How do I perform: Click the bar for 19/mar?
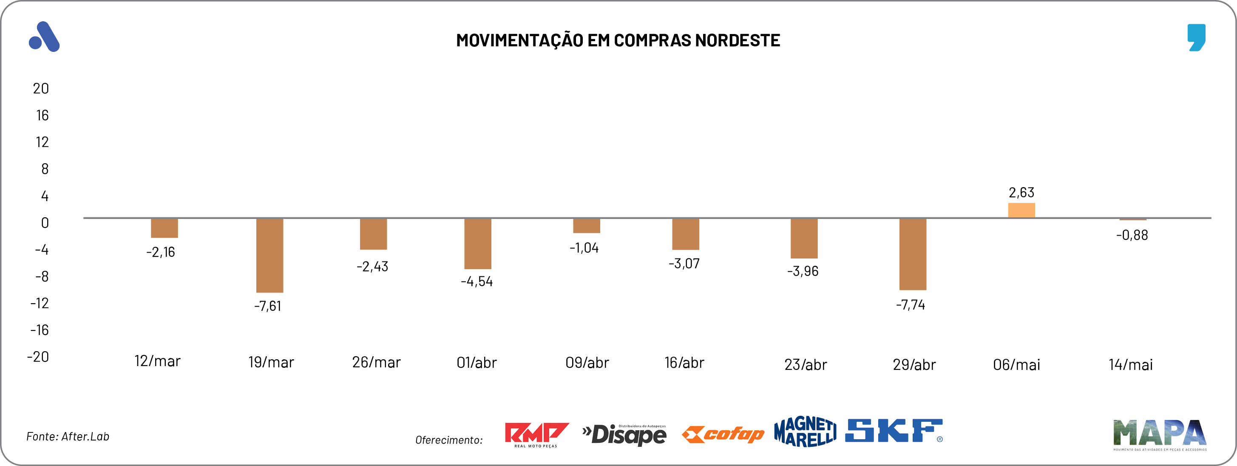point(270,255)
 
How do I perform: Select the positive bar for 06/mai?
point(1021,210)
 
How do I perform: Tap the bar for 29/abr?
point(912,254)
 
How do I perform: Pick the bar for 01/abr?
point(477,244)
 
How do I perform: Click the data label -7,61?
point(267,306)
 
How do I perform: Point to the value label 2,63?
point(1021,193)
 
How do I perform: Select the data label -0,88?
point(1132,236)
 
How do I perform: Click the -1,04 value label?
point(584,248)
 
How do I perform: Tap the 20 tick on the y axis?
point(41,88)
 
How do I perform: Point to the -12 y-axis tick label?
point(40,303)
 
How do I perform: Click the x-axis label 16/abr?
point(684,363)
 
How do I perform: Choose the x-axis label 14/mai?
point(1130,365)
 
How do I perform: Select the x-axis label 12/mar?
point(158,361)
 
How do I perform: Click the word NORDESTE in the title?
point(738,40)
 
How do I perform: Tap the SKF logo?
point(893,431)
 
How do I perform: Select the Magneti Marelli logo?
point(805,432)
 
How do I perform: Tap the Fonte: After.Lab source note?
point(68,436)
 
